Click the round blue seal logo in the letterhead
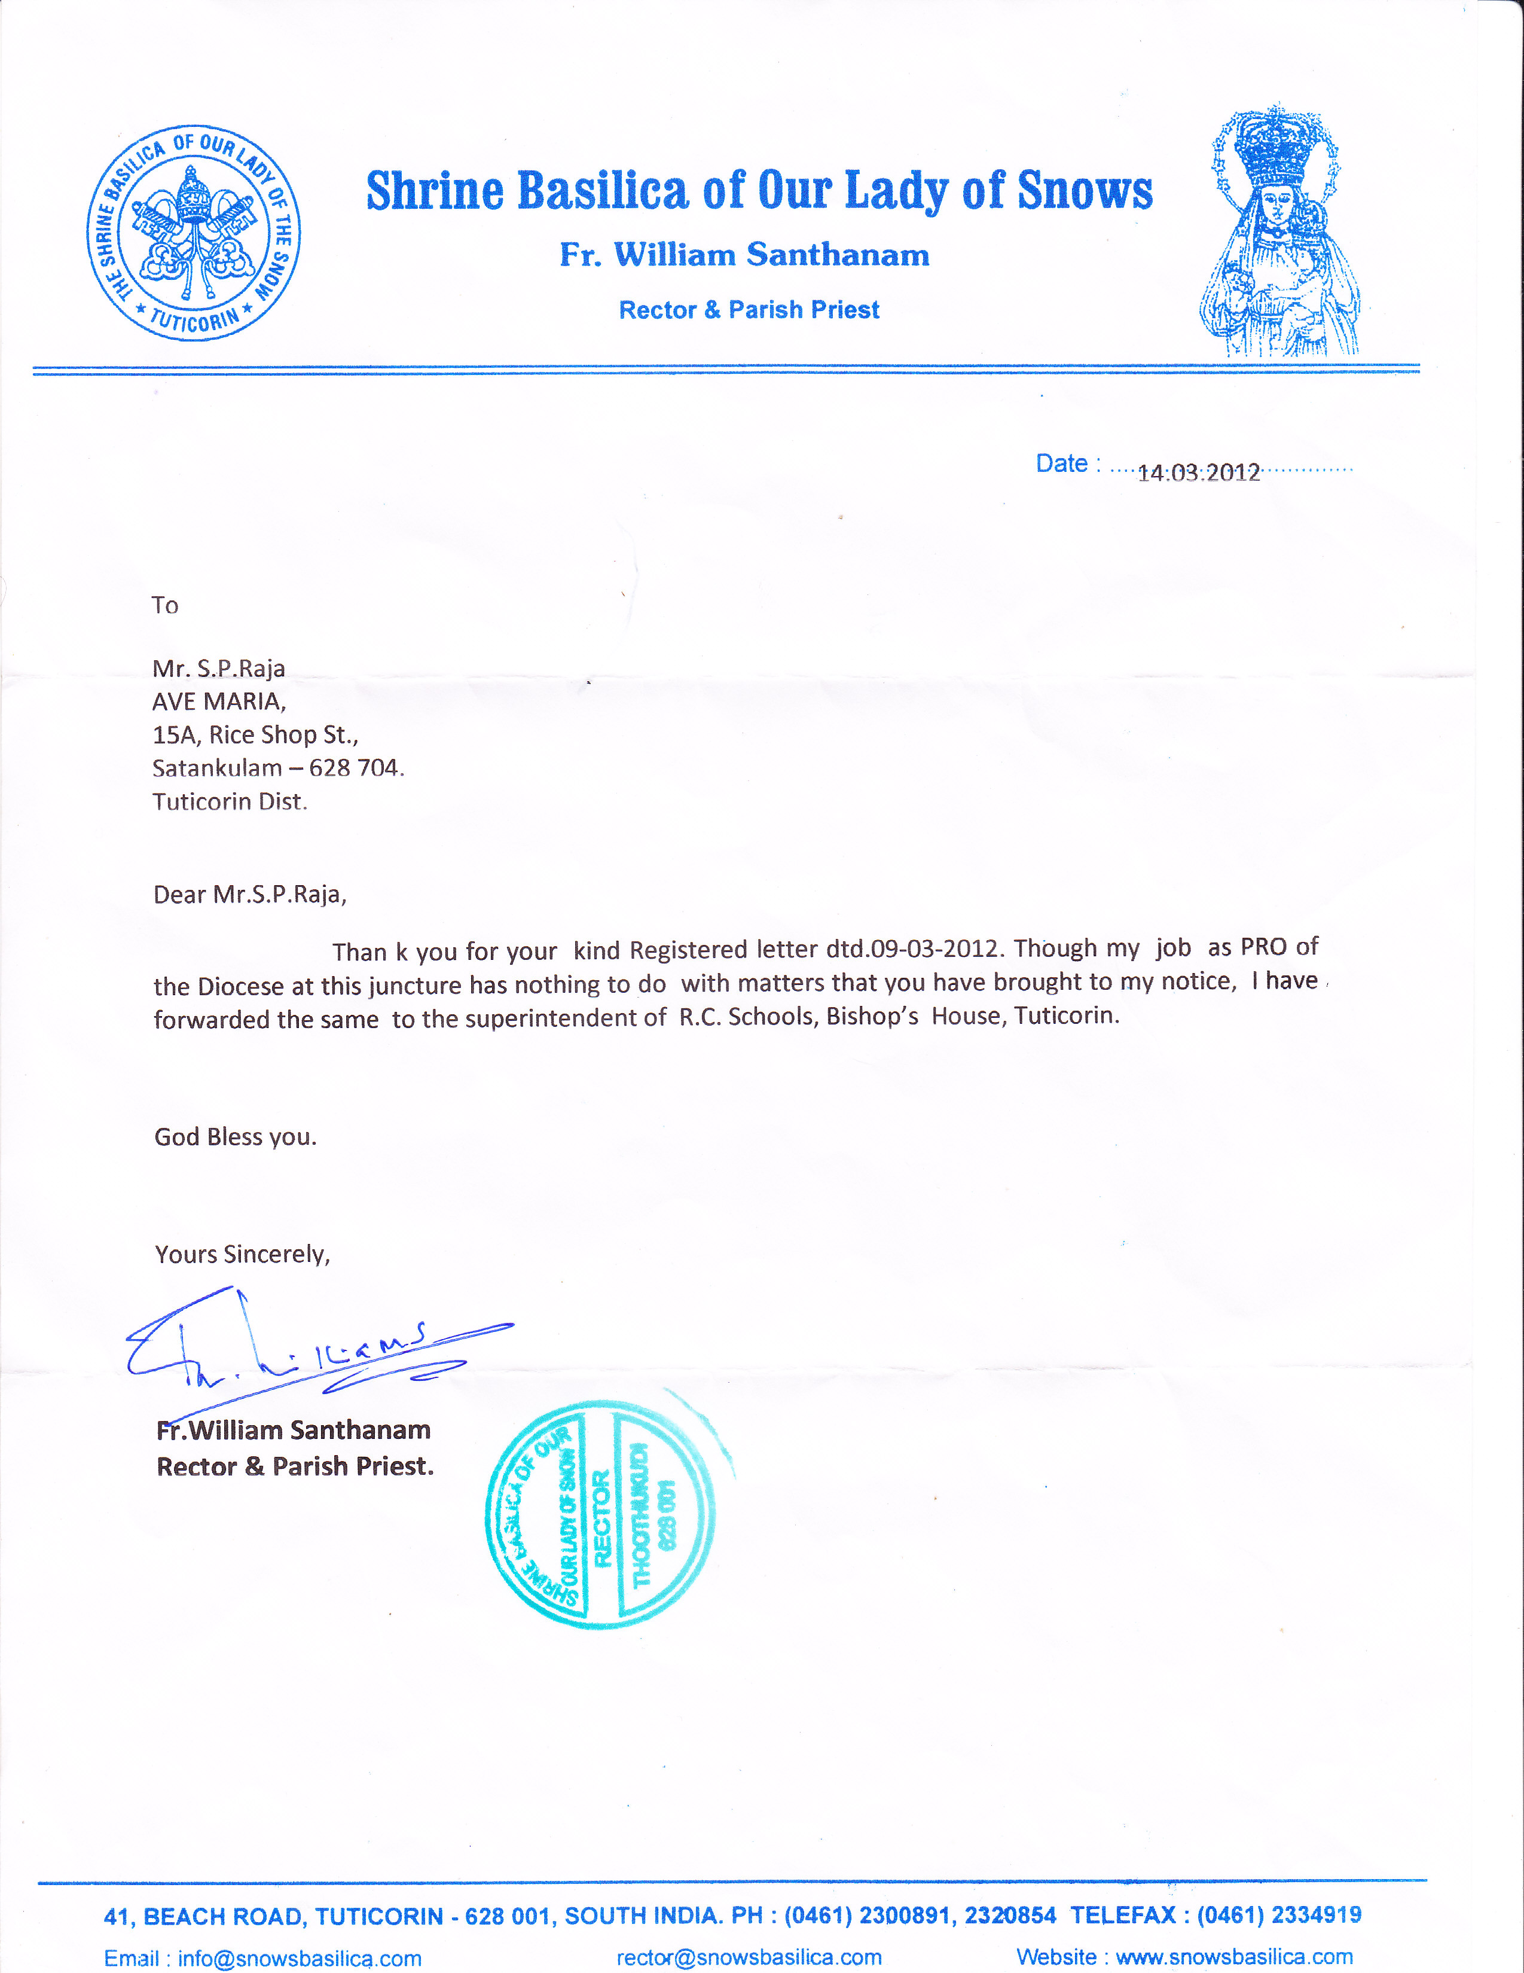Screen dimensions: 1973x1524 pos(193,233)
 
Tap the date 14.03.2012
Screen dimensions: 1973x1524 pos(1198,472)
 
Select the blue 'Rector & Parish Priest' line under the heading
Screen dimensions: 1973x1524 pos(749,310)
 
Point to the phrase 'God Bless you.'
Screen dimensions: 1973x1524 pos(236,1136)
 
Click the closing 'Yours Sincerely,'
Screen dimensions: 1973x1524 pos(242,1254)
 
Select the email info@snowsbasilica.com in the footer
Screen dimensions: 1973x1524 pos(299,1957)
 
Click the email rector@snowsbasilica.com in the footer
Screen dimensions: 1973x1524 pos(749,1957)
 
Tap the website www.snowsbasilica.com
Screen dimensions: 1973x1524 pos(1234,1957)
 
